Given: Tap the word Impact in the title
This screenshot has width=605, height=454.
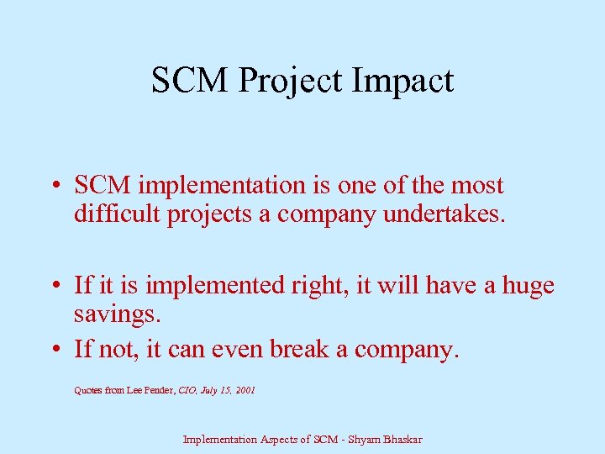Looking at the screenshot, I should point(406,81).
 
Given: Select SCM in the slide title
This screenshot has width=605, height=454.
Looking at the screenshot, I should point(192,81).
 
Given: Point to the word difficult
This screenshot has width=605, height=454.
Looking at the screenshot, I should point(117,215).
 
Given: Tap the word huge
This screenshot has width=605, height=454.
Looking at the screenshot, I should point(529,287).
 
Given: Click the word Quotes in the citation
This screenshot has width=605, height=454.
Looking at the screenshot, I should point(88,390).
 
